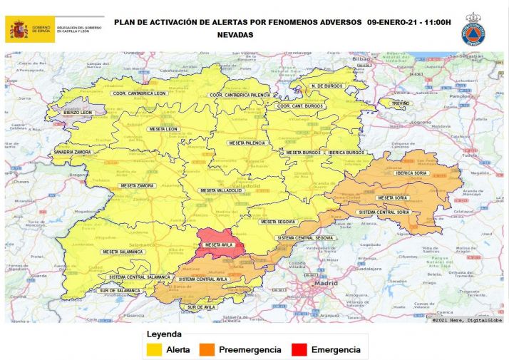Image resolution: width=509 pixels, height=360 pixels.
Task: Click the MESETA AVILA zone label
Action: [x=220, y=245]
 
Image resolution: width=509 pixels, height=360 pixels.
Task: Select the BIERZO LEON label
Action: [x=78, y=112]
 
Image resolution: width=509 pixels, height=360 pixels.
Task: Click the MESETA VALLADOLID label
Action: [x=222, y=190]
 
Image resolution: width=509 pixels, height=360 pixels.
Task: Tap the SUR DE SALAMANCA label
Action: [x=120, y=290]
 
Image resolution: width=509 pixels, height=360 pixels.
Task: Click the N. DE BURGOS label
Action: [x=327, y=87]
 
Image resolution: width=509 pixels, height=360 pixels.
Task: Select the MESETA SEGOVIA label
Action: [x=277, y=222]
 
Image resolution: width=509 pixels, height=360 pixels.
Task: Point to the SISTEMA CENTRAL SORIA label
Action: [x=384, y=212]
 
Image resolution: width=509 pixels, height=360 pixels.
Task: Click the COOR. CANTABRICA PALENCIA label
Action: [x=238, y=95]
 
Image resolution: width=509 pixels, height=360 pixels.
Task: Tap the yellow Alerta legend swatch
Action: [x=154, y=350]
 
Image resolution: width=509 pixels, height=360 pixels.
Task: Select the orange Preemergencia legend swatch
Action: [x=208, y=350]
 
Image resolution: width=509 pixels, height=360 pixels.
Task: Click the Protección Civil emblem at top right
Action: [x=473, y=29]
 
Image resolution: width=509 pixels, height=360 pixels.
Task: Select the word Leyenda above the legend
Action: [x=164, y=334]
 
